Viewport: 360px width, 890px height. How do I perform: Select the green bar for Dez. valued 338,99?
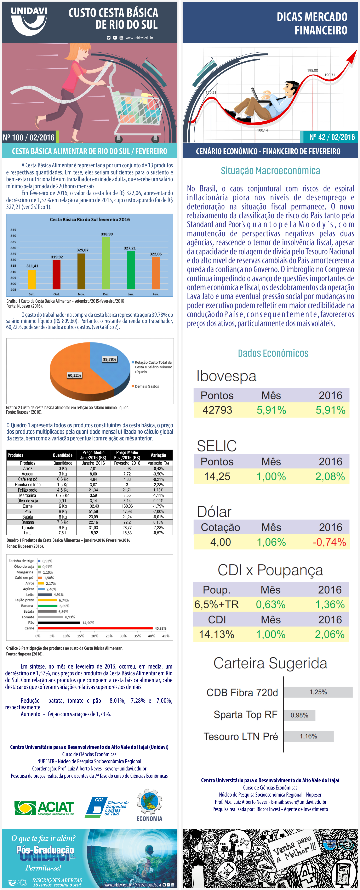pyautogui.click(x=106, y=262)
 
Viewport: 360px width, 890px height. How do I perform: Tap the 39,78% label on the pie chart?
pyautogui.click(x=109, y=359)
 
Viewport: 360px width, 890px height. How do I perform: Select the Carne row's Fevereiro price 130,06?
pyautogui.click(x=127, y=506)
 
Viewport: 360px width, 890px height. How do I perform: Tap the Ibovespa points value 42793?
pyautogui.click(x=217, y=410)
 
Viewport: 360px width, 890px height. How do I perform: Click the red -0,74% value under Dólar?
pyautogui.click(x=329, y=542)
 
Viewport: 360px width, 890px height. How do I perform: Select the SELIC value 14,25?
pyautogui.click(x=217, y=476)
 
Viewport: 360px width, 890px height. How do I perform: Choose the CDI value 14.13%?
pyautogui.click(x=217, y=634)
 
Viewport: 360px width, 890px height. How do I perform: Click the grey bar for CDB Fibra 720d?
pyautogui.click(x=318, y=692)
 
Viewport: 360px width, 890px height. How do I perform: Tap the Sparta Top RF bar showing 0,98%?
pyautogui.click(x=299, y=715)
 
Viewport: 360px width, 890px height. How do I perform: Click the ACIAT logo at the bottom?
pyautogui.click(x=44, y=808)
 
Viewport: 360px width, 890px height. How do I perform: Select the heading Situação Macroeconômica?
pyautogui.click(x=270, y=171)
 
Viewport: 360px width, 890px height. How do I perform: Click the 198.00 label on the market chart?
pyautogui.click(x=312, y=70)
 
